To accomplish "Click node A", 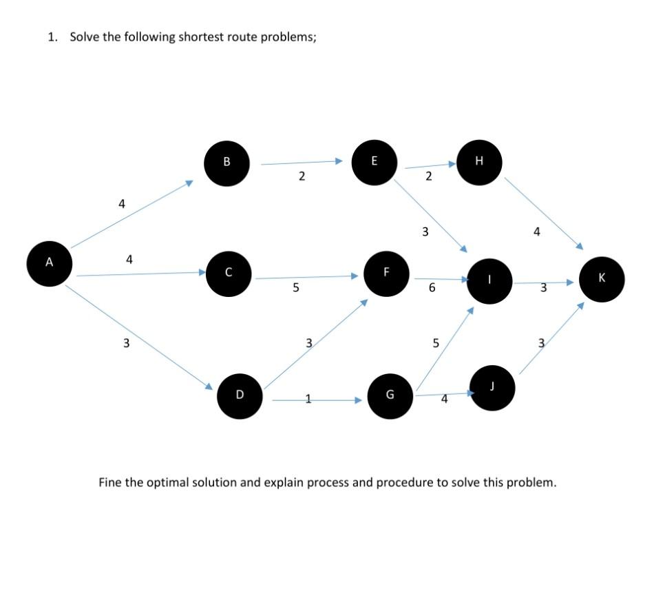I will tap(49, 262).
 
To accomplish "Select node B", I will tap(226, 163).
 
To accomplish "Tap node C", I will tap(228, 273).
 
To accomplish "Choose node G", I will tap(390, 395).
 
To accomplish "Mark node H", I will tap(479, 162).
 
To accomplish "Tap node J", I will tap(492, 387).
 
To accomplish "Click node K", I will tap(602, 278).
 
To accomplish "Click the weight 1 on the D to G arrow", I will tap(308, 399).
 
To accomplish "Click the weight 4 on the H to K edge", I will tap(536, 233).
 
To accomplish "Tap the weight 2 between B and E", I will tap(302, 177).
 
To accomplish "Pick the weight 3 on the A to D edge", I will tap(126, 343).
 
